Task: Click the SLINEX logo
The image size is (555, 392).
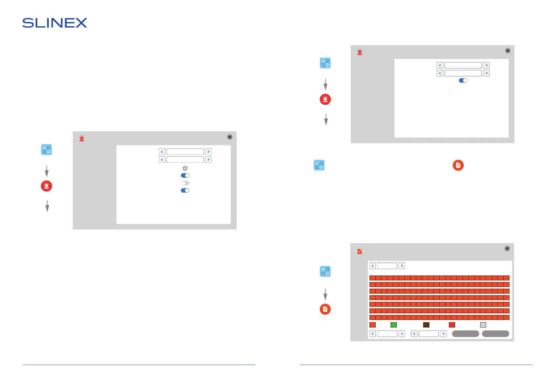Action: [55, 23]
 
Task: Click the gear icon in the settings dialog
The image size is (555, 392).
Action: [185, 168]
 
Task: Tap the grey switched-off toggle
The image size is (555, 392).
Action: [185, 183]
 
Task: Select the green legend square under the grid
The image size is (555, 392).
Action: [394, 325]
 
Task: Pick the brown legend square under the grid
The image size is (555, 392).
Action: [426, 325]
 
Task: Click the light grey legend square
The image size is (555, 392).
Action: [483, 325]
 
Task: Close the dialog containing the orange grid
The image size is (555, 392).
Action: [507, 248]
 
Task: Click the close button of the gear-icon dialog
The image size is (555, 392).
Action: [230, 137]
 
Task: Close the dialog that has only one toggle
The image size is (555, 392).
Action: [508, 51]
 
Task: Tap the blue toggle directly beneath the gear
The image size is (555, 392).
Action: [185, 175]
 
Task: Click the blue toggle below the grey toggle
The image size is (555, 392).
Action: [185, 191]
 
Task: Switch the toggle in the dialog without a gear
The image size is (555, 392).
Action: [463, 80]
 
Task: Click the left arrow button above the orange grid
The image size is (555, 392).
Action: [373, 266]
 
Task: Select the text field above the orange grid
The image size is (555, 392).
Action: [387, 266]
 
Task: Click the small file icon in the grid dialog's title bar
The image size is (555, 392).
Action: [360, 251]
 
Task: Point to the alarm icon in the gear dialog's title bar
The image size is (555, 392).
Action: [82, 139]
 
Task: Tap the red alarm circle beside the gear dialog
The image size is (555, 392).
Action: [46, 186]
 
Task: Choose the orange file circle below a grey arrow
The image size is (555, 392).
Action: [325, 309]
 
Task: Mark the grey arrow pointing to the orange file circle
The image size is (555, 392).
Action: [325, 295]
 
